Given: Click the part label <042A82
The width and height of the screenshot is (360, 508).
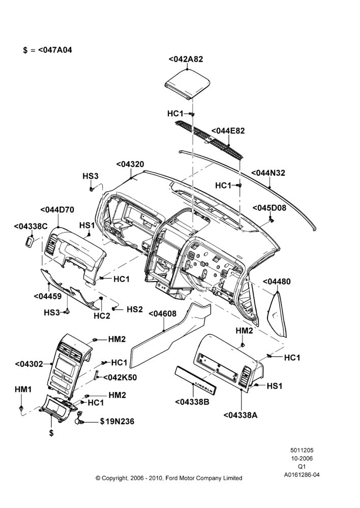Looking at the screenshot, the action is tap(186, 59).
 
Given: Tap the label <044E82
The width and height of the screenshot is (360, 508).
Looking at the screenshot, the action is tap(228, 131).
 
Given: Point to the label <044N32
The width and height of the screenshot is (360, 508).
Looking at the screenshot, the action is tap(268, 173).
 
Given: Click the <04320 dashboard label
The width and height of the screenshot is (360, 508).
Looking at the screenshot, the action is tap(130, 164).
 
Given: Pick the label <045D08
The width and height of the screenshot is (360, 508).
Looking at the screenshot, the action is tap(269, 208).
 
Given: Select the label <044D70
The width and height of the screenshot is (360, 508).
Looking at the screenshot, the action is tap(57, 210).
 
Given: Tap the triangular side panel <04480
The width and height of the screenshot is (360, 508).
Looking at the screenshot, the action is tap(277, 314).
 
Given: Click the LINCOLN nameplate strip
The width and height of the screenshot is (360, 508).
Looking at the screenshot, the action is tap(196, 380).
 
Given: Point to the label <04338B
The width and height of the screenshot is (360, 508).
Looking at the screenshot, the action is tap(192, 402).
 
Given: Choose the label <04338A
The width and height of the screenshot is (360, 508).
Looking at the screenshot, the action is tap(241, 415).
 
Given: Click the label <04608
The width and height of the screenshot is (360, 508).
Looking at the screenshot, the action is tap(163, 313).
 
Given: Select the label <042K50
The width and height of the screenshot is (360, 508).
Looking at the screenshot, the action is tap(119, 377).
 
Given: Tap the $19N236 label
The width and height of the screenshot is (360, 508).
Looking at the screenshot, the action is tap(117, 422).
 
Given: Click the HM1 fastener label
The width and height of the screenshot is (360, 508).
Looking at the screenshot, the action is tap(23, 390).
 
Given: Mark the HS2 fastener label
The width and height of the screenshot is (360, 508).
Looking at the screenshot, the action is tap(135, 309).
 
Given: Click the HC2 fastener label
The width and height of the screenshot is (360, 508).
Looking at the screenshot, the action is tap(102, 315).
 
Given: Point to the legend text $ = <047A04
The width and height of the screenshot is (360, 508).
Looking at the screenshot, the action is tap(48, 50).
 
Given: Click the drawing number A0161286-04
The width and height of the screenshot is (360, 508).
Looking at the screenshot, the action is tap(302, 475).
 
